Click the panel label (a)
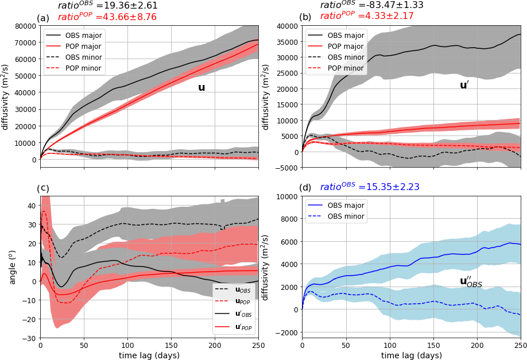click(43, 18)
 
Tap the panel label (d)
click(305, 187)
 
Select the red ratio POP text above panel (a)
click(99, 17)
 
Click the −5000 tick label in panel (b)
click(286, 168)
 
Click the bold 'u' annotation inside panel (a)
click(201, 88)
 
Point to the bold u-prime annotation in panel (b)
click(464, 86)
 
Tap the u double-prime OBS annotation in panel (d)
click(470, 281)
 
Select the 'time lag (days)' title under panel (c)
click(149, 355)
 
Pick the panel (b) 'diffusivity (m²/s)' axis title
click(266, 97)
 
